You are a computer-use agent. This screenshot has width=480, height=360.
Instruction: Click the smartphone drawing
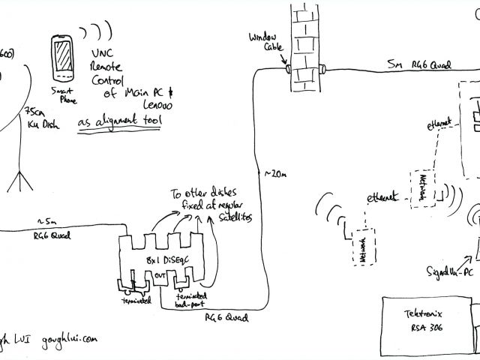click(63, 59)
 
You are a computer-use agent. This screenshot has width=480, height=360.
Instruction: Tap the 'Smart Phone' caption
click(63, 97)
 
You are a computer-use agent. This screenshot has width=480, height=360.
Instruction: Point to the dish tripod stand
click(18, 181)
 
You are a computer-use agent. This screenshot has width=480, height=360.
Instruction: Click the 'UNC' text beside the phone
click(103, 54)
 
